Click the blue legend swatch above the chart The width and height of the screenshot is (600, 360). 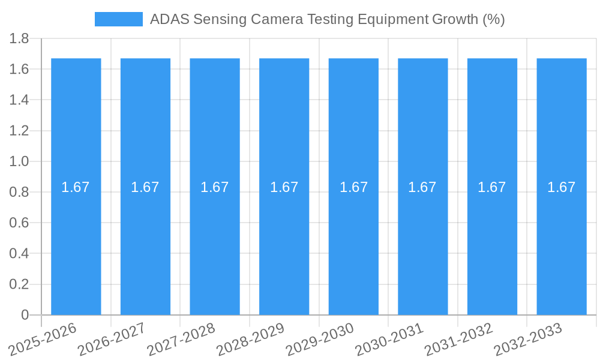(118, 19)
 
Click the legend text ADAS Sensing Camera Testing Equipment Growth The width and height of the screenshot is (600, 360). (327, 19)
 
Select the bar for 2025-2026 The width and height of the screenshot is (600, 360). (76, 240)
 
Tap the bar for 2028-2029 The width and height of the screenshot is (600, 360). (284, 240)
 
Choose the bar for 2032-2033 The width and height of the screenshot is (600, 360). (562, 240)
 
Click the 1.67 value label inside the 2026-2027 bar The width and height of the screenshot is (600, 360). (145, 187)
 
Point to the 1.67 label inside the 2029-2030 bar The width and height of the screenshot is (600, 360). (353, 187)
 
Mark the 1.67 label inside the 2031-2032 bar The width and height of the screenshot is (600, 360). (492, 187)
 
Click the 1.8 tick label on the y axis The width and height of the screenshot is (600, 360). (19, 38)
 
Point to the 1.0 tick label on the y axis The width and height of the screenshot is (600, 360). (19, 161)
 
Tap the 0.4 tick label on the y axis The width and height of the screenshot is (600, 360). (19, 254)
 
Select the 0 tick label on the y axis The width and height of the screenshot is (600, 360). (25, 315)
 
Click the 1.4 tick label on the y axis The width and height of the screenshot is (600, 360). (19, 100)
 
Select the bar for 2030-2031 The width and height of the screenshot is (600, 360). (423, 240)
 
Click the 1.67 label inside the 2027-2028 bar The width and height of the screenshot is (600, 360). (215, 187)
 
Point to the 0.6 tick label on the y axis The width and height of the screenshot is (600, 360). (19, 223)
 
